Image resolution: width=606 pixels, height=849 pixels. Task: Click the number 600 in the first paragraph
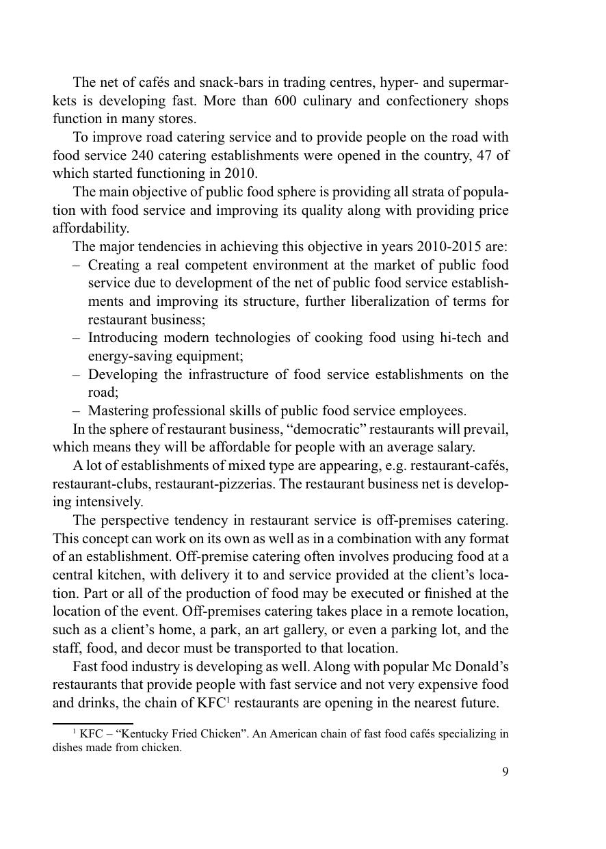[285, 101]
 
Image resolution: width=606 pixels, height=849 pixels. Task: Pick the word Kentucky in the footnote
[144, 734]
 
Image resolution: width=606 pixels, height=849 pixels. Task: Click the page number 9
[505, 772]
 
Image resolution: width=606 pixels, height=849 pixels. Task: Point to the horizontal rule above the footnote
[93, 723]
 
